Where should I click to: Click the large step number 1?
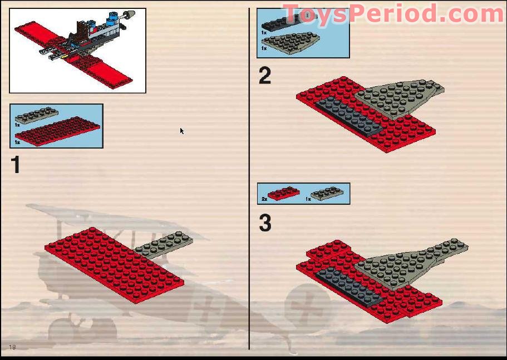click(16, 165)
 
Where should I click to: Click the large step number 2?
click(265, 76)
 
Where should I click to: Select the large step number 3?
click(265, 223)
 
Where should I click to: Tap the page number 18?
click(12, 347)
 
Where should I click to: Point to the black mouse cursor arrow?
click(181, 131)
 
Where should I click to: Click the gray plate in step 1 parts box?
click(37, 115)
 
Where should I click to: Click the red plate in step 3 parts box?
click(283, 194)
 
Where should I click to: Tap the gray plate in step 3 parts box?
click(327, 194)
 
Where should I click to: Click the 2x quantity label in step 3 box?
click(264, 199)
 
